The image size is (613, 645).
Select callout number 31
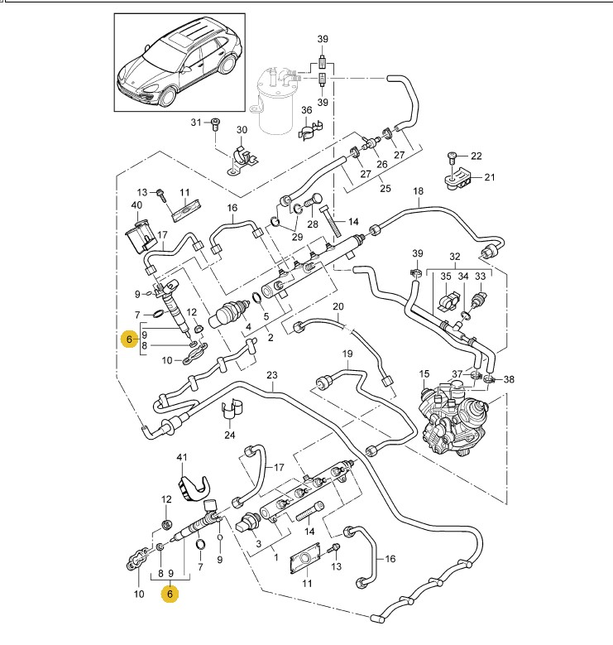pyautogui.click(x=195, y=123)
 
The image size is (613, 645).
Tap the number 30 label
pyautogui.click(x=242, y=130)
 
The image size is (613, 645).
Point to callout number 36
pyautogui.click(x=306, y=110)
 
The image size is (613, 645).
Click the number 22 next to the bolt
pyautogui.click(x=476, y=156)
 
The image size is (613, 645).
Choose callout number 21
pyautogui.click(x=489, y=177)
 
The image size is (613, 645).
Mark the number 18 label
pyautogui.click(x=418, y=191)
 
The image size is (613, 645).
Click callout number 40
pyautogui.click(x=136, y=205)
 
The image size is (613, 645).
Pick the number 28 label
pyautogui.click(x=312, y=224)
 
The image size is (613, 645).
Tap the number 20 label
pyautogui.click(x=338, y=307)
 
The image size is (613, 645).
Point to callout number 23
pyautogui.click(x=271, y=375)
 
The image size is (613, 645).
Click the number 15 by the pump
pyautogui.click(x=425, y=373)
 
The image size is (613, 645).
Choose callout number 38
pyautogui.click(x=509, y=379)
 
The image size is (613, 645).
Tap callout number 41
pyautogui.click(x=182, y=457)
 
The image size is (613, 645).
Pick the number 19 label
pyautogui.click(x=348, y=352)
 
